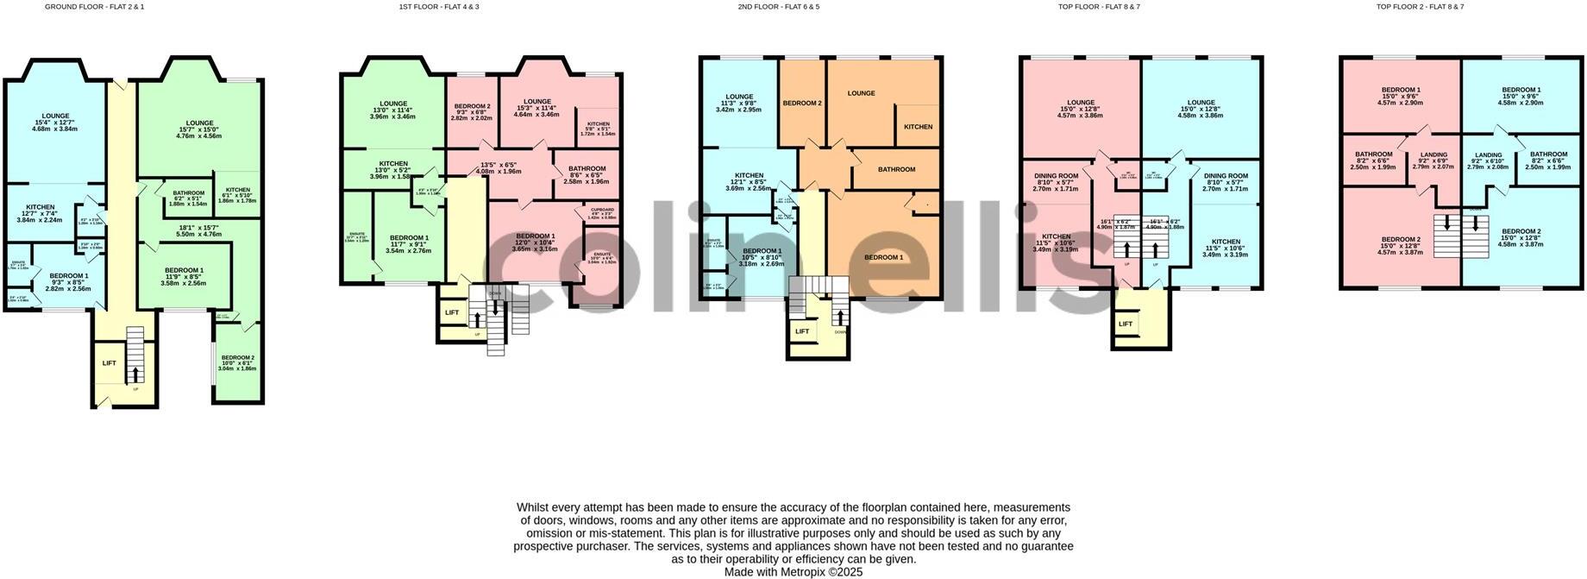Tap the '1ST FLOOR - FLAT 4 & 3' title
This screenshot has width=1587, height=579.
click(x=439, y=7)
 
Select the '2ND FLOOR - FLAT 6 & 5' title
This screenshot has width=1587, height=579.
click(x=778, y=7)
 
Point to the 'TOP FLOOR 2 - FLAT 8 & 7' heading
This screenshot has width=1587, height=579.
click(x=1420, y=7)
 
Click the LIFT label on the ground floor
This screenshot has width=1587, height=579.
click(x=110, y=363)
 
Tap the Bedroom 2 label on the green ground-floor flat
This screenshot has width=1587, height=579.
click(x=237, y=358)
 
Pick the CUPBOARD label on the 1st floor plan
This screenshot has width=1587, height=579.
click(x=602, y=210)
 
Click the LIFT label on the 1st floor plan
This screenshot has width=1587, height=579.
click(x=452, y=313)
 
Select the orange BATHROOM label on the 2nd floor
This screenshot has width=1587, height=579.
click(x=896, y=169)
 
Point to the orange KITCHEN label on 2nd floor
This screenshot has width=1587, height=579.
click(x=918, y=127)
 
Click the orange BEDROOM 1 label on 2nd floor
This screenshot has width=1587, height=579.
click(x=884, y=257)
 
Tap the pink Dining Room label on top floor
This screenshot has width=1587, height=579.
click(x=1056, y=176)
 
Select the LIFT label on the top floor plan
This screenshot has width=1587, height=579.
click(x=1126, y=324)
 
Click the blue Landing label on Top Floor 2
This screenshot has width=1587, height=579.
click(x=1488, y=155)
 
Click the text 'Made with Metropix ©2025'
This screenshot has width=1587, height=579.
click(x=793, y=572)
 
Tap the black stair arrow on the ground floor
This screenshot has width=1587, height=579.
click(x=135, y=374)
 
